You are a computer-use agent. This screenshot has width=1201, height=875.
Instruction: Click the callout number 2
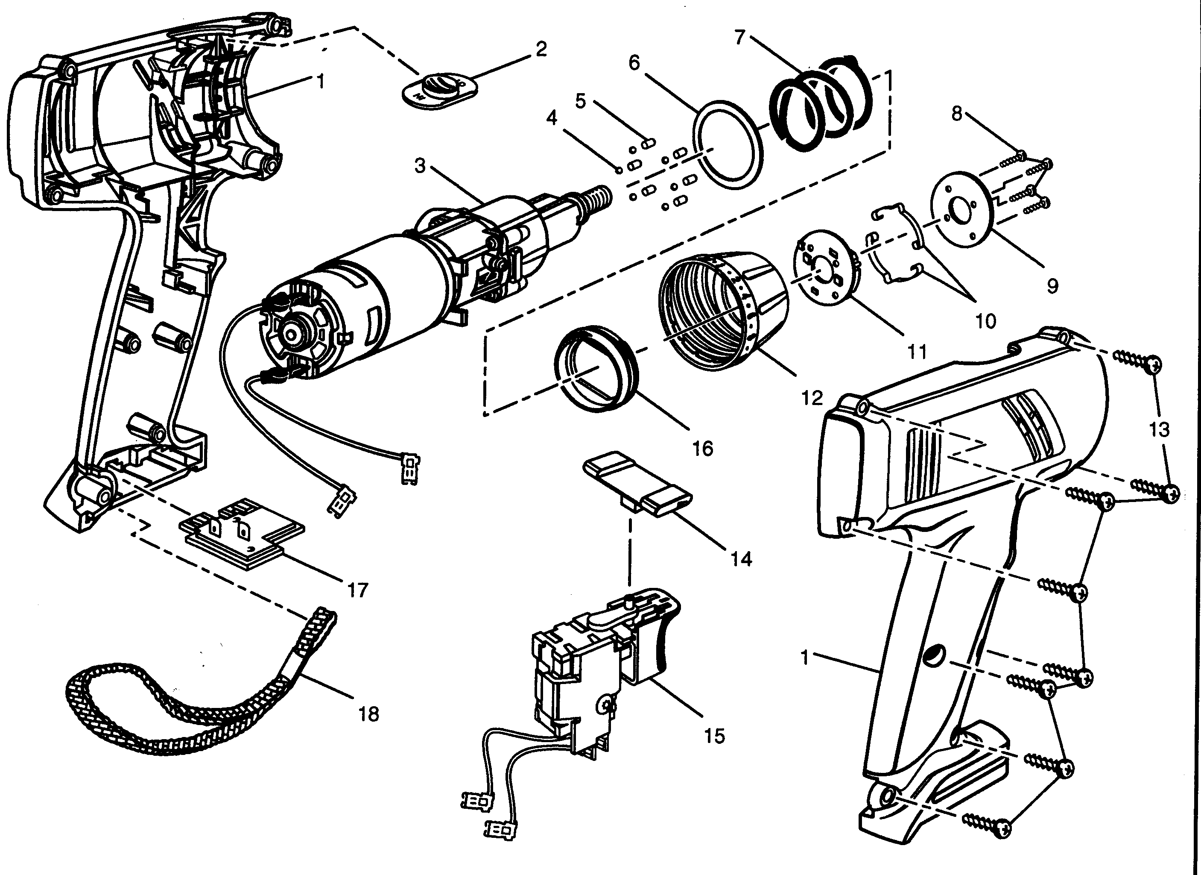(541, 49)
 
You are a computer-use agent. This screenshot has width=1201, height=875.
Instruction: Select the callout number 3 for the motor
(420, 166)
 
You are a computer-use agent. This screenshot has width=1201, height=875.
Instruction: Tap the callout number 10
(986, 320)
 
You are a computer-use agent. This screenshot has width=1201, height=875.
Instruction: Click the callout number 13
(1159, 430)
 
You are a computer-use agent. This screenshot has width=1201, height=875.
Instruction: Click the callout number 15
(714, 736)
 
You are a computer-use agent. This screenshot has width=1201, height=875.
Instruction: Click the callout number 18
(369, 714)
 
